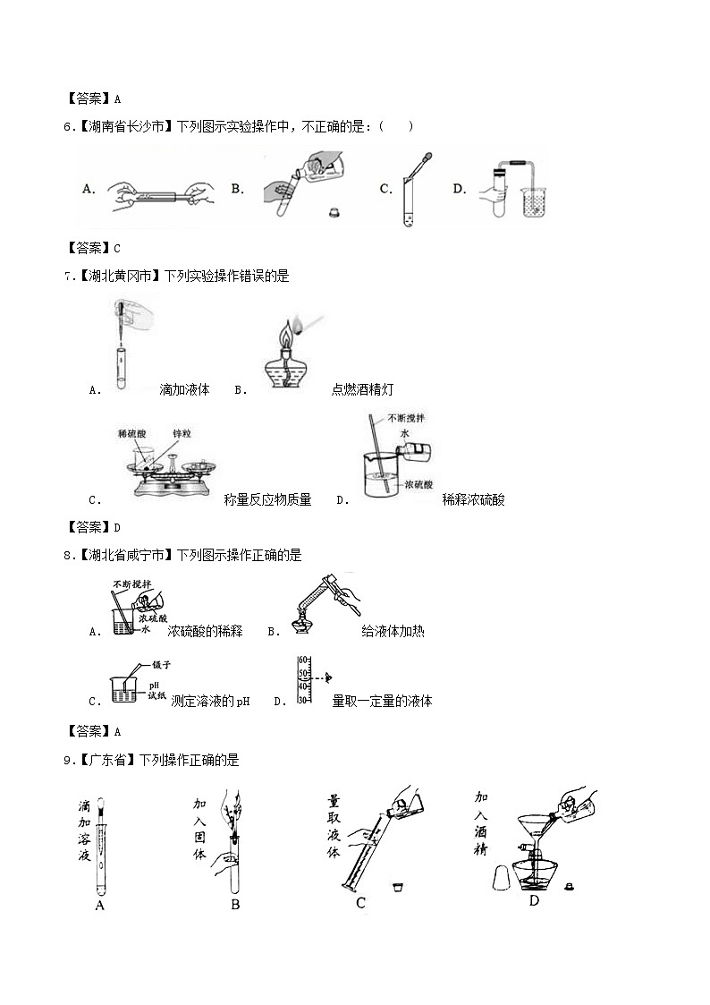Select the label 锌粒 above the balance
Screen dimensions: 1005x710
click(x=182, y=433)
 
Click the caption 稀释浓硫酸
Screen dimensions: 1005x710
click(x=473, y=500)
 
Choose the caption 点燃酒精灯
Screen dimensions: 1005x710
click(x=362, y=389)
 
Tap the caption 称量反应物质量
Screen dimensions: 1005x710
click(x=267, y=500)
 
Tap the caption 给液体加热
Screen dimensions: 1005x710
click(x=393, y=632)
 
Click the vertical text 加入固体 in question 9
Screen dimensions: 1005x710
click(x=199, y=829)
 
